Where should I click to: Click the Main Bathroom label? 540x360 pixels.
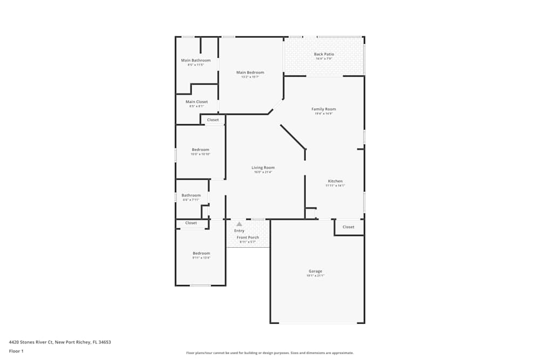[195, 60]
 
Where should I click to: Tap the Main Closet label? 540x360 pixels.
[197, 102]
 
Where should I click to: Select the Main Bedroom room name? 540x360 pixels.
[250, 72]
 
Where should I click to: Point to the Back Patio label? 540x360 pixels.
[324, 54]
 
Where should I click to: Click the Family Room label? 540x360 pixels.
[323, 109]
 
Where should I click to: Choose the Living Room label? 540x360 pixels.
[263, 168]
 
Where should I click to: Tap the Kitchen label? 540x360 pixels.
[335, 181]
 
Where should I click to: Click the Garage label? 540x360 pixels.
[315, 271]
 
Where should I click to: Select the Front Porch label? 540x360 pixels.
[247, 237]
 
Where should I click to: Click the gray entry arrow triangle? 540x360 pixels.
[239, 223]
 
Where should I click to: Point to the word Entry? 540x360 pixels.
[239, 231]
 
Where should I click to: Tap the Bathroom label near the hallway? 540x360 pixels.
[191, 195]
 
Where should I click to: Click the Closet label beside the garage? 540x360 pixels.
[348, 227]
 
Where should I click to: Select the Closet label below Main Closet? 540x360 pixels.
[213, 120]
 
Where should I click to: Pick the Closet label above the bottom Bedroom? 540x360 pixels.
[191, 223]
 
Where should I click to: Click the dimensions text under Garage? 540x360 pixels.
[315, 276]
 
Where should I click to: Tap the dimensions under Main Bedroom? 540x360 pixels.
[250, 77]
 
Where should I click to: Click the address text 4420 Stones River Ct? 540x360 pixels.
[59, 342]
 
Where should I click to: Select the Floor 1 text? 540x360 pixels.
[16, 351]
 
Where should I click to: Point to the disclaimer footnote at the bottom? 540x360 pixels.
[270, 352]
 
